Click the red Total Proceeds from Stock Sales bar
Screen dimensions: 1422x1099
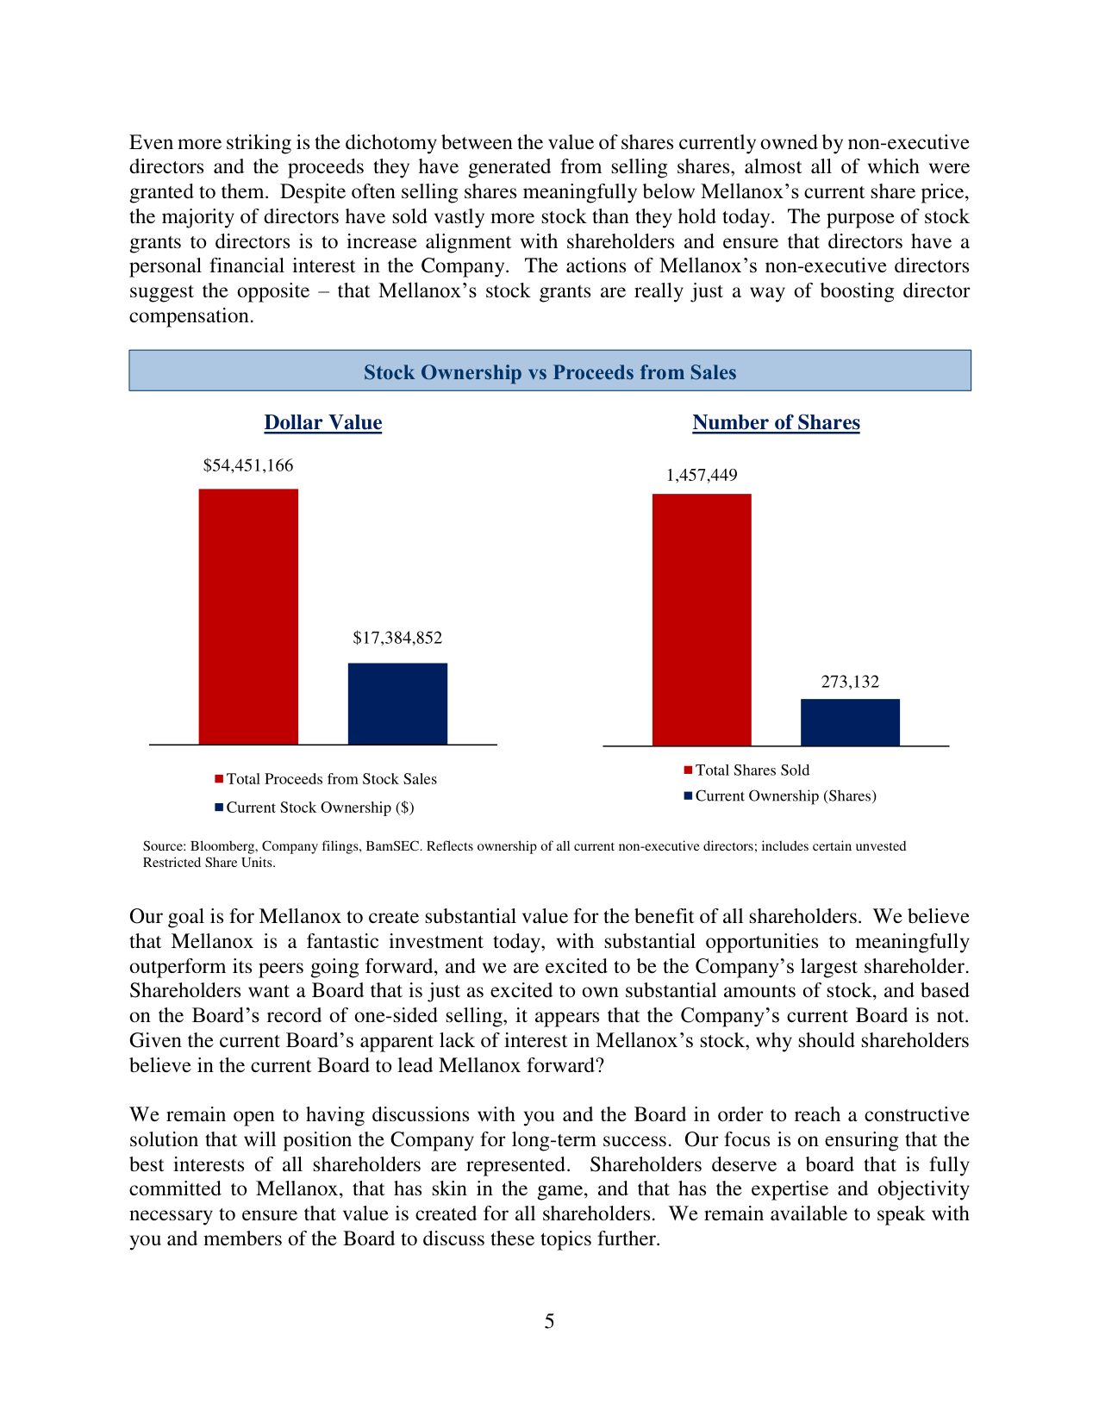[248, 616]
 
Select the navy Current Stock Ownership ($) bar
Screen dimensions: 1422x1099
[397, 703]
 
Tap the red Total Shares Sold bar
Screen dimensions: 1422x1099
[702, 620]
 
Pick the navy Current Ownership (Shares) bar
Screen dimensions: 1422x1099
[850, 722]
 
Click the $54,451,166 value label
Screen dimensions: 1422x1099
[248, 466]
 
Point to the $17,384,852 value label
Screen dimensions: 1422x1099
[397, 639]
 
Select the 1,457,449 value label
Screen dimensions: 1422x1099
[702, 476]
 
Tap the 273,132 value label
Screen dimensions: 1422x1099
[850, 683]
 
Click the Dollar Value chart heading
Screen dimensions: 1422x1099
[323, 423]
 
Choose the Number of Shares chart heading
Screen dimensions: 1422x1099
[776, 423]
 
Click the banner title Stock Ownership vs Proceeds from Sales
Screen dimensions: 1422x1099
[550, 372]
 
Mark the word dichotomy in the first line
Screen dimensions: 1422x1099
[386, 143]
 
